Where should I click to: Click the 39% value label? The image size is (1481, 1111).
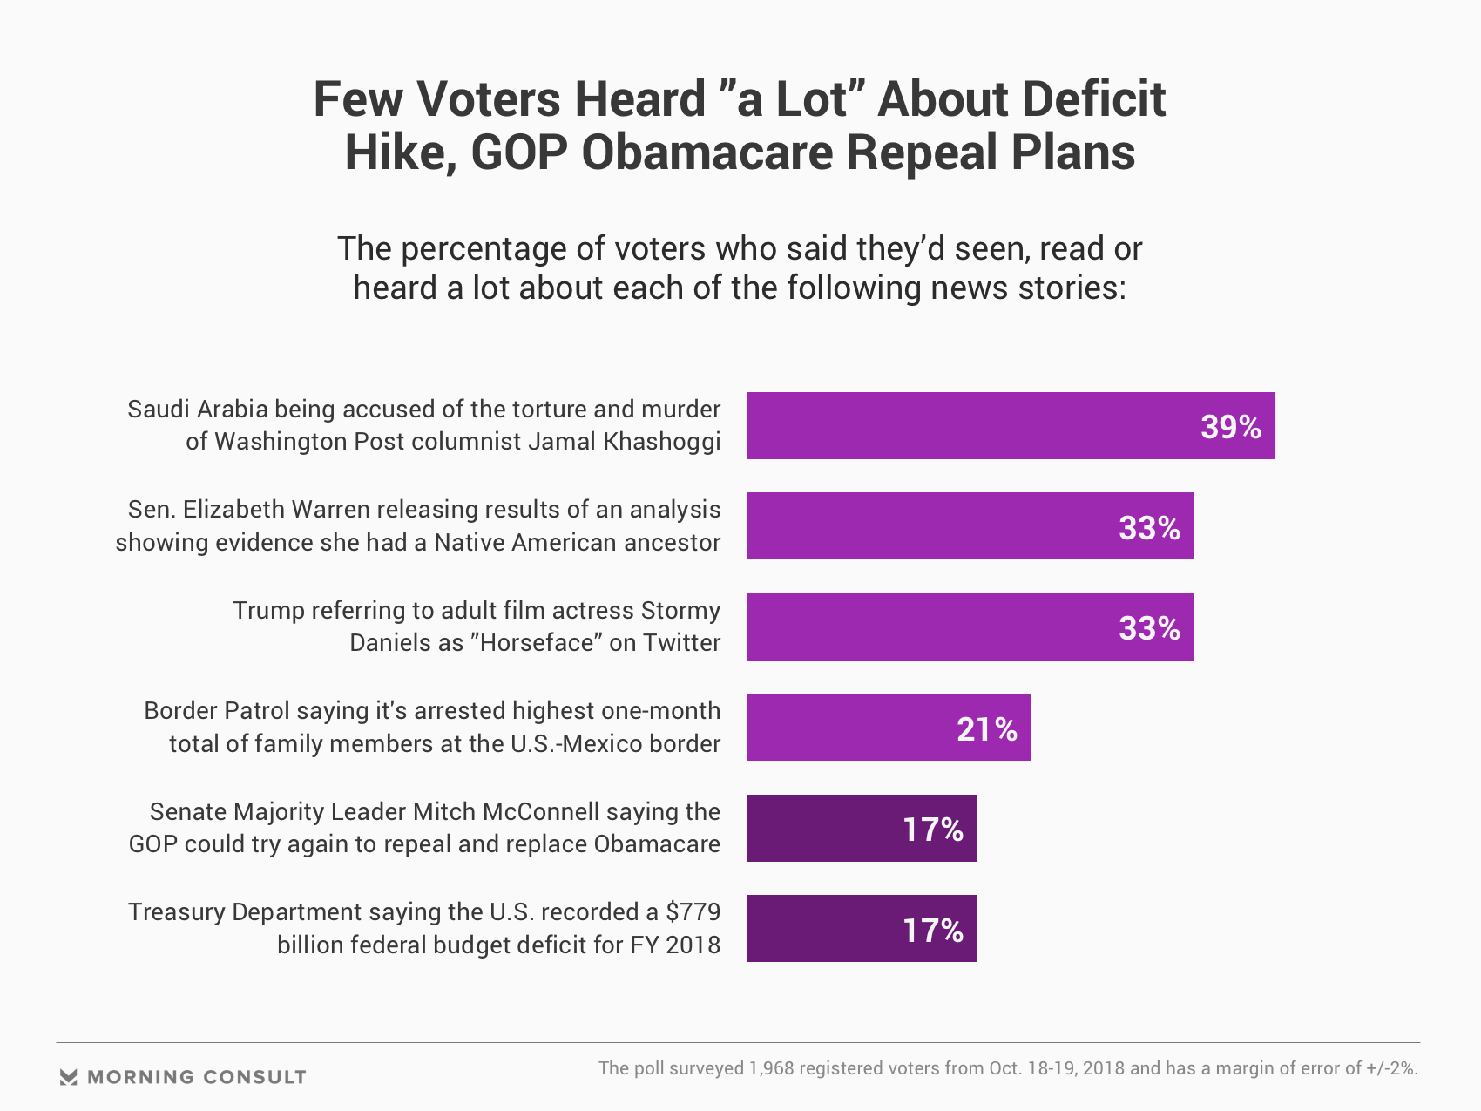(x=1230, y=427)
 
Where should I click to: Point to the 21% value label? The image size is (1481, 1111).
(x=986, y=729)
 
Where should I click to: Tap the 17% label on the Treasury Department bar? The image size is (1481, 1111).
(x=932, y=931)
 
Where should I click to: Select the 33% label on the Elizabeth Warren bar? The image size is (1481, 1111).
(x=1149, y=528)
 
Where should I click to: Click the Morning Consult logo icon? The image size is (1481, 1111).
(x=69, y=1077)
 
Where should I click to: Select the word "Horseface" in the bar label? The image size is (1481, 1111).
(x=536, y=643)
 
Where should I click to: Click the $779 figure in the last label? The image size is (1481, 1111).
(x=693, y=912)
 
